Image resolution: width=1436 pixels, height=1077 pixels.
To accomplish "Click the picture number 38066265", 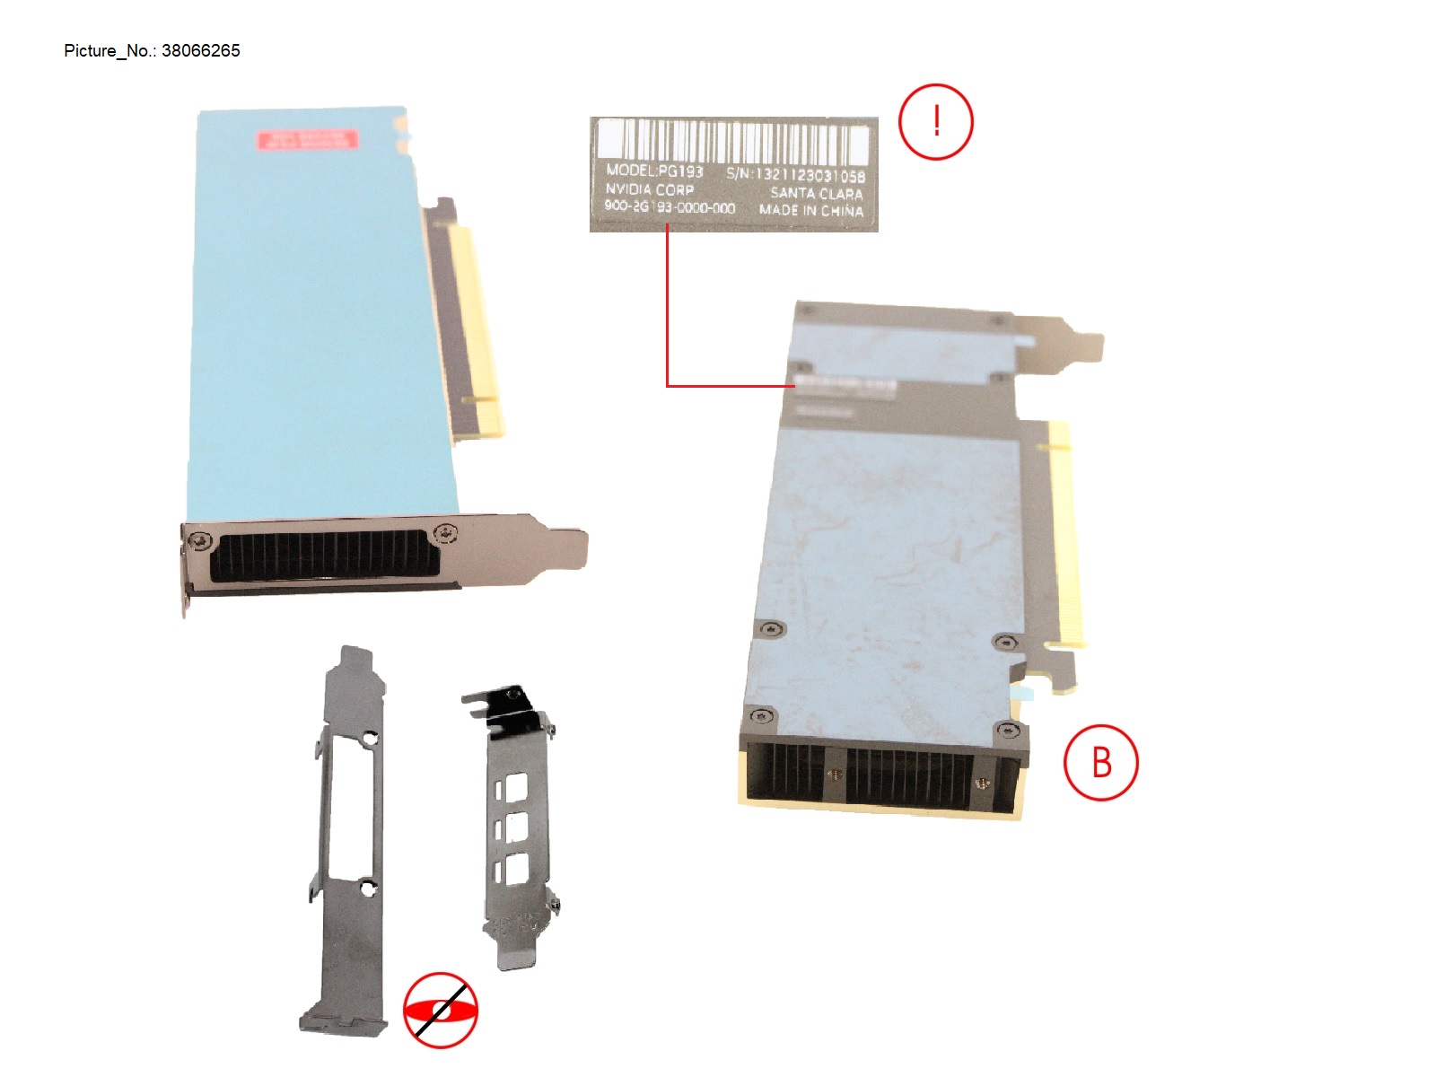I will (200, 51).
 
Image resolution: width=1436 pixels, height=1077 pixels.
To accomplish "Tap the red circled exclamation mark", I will (936, 122).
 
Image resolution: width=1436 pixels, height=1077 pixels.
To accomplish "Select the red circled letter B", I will (1100, 762).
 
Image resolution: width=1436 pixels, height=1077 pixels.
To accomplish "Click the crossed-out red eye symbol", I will (440, 1011).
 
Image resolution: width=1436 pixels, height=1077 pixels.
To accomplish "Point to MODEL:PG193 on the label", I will (654, 171).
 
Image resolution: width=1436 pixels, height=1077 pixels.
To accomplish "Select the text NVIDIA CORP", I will (649, 189).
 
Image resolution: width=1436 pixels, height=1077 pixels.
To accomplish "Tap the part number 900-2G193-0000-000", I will (670, 207).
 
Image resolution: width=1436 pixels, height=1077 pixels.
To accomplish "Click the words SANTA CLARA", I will (816, 193).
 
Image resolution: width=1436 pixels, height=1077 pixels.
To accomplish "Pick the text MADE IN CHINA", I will (811, 211).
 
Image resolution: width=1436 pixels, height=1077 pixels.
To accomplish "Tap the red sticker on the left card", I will (307, 140).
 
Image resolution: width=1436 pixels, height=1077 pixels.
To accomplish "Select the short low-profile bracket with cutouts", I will (516, 835).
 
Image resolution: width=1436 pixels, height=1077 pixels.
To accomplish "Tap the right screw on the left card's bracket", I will (445, 534).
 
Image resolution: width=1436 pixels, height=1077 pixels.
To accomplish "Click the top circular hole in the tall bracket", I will (370, 739).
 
